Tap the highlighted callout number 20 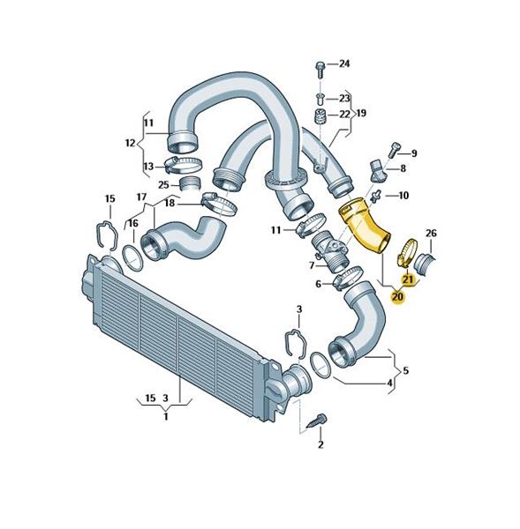click(x=397, y=297)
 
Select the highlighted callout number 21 click(x=407, y=279)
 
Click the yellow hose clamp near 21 click(x=405, y=251)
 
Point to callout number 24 click(x=344, y=63)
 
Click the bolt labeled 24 click(x=320, y=70)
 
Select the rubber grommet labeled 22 click(x=320, y=116)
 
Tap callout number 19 click(x=361, y=113)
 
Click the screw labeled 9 click(x=395, y=150)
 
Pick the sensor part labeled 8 click(x=377, y=170)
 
